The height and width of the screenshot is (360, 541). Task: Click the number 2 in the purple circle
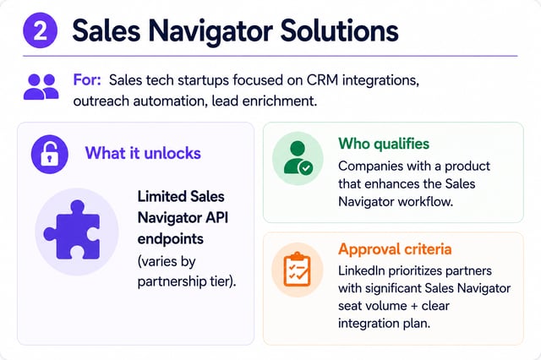[x=40, y=30]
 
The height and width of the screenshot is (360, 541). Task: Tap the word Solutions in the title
[x=340, y=30]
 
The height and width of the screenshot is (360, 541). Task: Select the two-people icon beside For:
[x=41, y=87]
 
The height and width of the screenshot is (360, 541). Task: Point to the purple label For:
[x=87, y=80]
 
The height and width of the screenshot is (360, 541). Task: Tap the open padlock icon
[x=50, y=154]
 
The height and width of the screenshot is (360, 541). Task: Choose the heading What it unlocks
[x=143, y=153]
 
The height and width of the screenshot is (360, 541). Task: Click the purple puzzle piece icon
[x=72, y=230]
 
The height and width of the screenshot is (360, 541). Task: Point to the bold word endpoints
[x=171, y=239]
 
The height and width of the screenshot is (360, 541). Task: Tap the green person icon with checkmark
[x=298, y=158]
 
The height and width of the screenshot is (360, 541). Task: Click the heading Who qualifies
[x=384, y=144]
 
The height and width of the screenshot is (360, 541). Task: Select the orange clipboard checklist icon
[x=297, y=270]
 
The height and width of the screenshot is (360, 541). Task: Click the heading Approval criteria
[x=395, y=249]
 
